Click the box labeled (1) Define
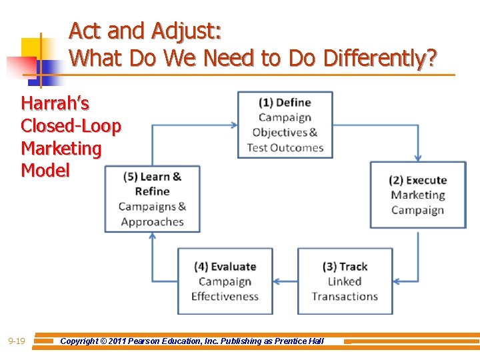pos(285,125)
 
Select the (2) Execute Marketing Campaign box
pos(418,195)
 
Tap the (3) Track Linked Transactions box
pos(345,281)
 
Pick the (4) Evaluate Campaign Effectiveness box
pos(225,281)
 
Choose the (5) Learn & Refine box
pos(152,199)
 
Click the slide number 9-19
pos(17,341)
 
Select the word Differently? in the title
pos(380,59)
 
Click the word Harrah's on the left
pos(55,104)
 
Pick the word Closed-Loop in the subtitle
pos(71,126)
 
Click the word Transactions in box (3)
pos(345,296)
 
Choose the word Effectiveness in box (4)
pos(225,296)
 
